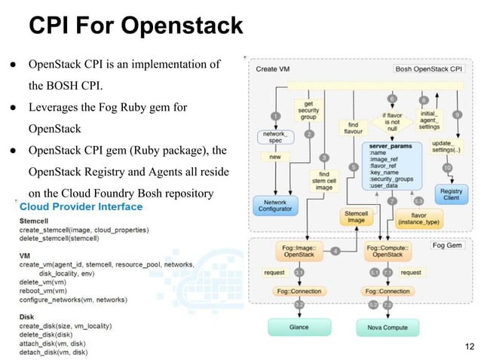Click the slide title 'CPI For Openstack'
136,26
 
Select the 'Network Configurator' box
276,204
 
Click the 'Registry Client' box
451,194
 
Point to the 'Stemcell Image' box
355,218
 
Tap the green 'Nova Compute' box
387,327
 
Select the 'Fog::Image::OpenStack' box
299,250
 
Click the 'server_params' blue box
392,165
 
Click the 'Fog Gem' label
450,245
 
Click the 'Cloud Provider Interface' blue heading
81,206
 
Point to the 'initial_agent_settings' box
429,121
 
